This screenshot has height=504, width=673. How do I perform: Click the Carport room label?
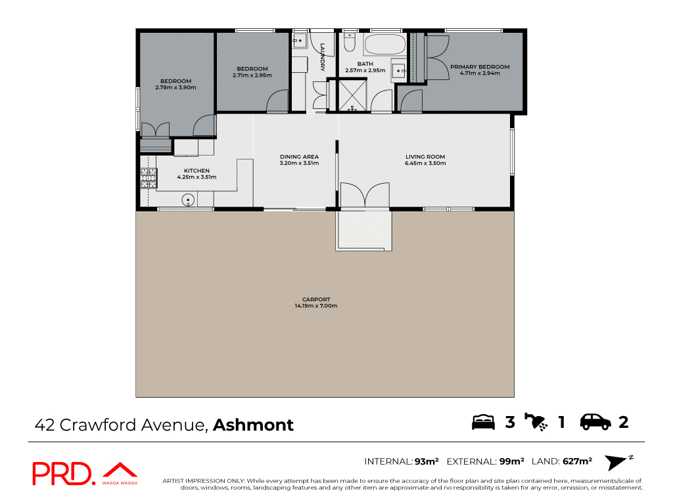point(316,300)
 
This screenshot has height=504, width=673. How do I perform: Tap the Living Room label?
point(425,157)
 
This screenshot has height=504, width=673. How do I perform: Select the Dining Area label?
point(299,157)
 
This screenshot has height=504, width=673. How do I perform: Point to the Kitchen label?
point(197,171)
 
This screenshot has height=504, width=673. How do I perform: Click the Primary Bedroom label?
point(480,67)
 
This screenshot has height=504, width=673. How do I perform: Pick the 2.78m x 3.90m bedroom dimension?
point(175,87)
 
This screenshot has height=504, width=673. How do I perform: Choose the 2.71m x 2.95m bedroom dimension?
point(252,75)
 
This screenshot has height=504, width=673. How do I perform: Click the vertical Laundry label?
point(323,57)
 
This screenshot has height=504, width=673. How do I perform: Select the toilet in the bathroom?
point(349,43)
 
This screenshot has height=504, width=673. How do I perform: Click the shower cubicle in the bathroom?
point(352,96)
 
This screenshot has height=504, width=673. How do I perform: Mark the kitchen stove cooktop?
point(149,178)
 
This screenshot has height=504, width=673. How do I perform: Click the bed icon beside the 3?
point(483,422)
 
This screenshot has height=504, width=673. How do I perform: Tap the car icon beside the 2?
point(595,422)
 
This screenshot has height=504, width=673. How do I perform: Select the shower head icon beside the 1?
point(536,422)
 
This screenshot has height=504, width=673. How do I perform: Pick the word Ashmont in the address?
point(253,425)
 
